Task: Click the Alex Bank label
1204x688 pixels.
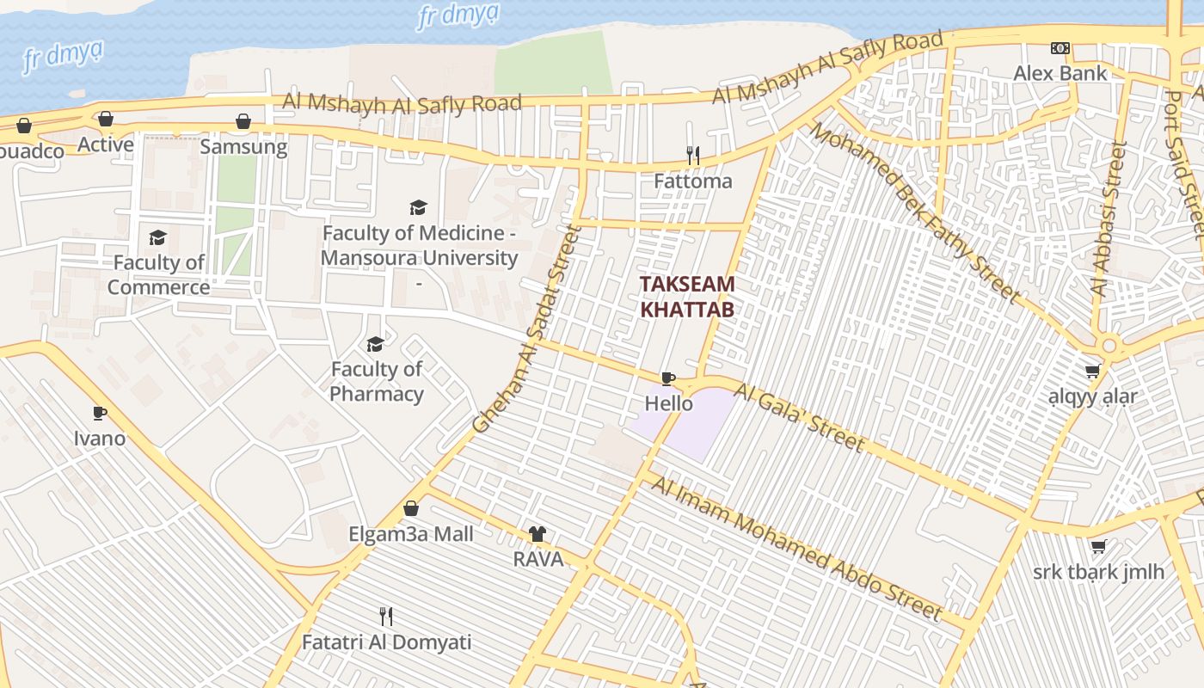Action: click(x=1060, y=73)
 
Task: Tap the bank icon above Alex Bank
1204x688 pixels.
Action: click(x=1060, y=48)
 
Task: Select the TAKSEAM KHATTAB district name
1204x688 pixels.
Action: click(x=687, y=297)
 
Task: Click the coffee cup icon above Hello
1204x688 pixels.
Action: click(x=668, y=378)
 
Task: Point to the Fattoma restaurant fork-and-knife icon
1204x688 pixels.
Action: click(x=692, y=156)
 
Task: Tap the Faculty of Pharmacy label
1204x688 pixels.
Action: click(x=377, y=381)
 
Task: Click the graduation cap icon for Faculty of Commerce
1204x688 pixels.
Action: click(x=157, y=237)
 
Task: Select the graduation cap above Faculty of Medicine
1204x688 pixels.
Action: click(x=418, y=207)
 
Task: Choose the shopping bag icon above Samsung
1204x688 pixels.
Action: click(x=243, y=121)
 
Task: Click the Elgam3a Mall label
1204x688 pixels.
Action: click(x=411, y=534)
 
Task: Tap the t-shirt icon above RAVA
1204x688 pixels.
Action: click(x=537, y=534)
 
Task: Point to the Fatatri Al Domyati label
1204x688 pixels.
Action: click(x=386, y=642)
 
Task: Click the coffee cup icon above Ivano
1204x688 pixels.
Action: click(x=100, y=413)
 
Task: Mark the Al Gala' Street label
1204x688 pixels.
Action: click(x=799, y=418)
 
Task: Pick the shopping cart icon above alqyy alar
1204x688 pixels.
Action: click(x=1092, y=372)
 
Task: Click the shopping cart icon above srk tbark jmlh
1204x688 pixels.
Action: click(x=1098, y=547)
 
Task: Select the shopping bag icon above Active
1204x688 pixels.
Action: click(x=106, y=119)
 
